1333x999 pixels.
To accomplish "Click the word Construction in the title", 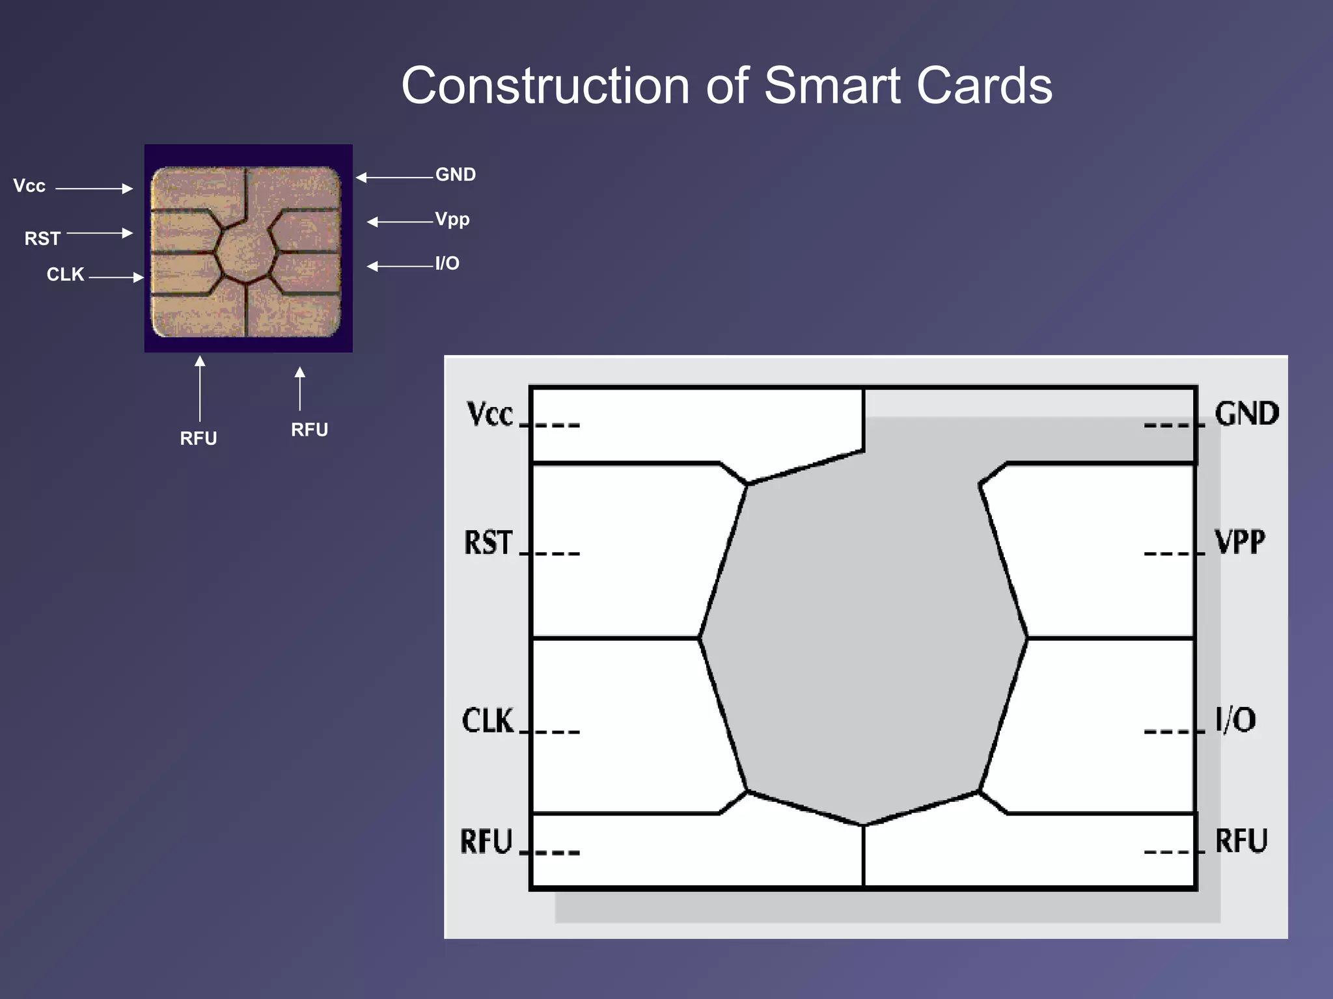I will pyautogui.click(x=545, y=86).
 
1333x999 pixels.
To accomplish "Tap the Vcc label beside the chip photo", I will pyautogui.click(x=29, y=186).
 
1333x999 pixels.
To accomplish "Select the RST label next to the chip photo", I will pyautogui.click(x=42, y=239).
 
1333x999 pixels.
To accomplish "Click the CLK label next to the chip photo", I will pyautogui.click(x=65, y=274).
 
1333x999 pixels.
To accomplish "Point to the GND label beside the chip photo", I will pyautogui.click(x=456, y=174).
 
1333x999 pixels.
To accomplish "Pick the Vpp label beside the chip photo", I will pyautogui.click(x=452, y=220).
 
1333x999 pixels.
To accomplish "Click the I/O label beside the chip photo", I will pyautogui.click(x=447, y=263).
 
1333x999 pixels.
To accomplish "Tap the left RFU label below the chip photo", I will pyautogui.click(x=199, y=438).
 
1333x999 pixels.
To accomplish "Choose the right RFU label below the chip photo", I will pyautogui.click(x=309, y=430).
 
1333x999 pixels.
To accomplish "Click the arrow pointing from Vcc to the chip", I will pyautogui.click(x=94, y=189).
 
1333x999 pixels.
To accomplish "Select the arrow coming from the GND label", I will pyautogui.click(x=394, y=177).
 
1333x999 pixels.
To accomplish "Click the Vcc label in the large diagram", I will pyautogui.click(x=490, y=414).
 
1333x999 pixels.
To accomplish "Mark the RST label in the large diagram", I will pyautogui.click(x=488, y=542).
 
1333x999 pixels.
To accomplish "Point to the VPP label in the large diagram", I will pyautogui.click(x=1240, y=542).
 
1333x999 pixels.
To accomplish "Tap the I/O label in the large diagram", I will pyautogui.click(x=1235, y=719).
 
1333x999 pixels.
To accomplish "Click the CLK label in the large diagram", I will pyautogui.click(x=488, y=721).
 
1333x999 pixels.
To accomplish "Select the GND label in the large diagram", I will pyautogui.click(x=1246, y=414).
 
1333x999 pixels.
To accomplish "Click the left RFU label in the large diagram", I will pyautogui.click(x=486, y=841).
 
